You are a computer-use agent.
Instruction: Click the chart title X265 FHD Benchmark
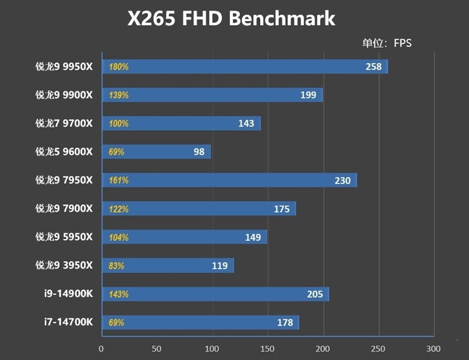(232, 19)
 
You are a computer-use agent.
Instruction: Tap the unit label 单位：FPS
(388, 43)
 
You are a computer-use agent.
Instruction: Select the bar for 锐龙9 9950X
(245, 67)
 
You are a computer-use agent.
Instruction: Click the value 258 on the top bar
(373, 67)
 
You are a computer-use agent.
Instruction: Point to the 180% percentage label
(118, 67)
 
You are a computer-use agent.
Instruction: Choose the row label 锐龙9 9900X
(64, 95)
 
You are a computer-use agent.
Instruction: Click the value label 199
(308, 95)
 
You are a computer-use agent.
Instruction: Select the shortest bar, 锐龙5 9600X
(157, 152)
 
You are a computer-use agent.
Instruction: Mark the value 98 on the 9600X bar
(199, 152)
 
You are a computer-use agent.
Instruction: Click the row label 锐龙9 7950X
(64, 180)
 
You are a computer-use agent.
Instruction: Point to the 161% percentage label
(118, 181)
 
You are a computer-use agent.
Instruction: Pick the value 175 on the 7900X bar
(282, 209)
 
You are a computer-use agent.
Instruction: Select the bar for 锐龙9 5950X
(185, 237)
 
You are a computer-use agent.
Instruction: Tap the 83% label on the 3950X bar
(117, 266)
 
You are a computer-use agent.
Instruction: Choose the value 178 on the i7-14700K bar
(285, 322)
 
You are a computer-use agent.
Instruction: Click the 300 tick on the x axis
(433, 348)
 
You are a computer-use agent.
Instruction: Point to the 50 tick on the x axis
(157, 348)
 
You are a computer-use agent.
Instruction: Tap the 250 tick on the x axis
(378, 348)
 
